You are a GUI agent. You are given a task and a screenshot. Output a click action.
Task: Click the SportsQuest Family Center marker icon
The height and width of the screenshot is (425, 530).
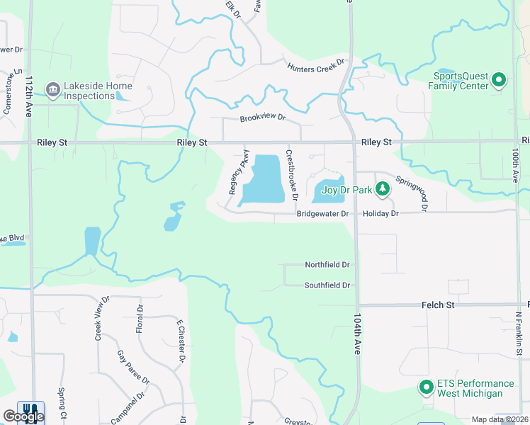pos(498,80)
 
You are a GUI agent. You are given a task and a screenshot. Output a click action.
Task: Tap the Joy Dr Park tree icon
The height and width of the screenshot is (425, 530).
pos(383,189)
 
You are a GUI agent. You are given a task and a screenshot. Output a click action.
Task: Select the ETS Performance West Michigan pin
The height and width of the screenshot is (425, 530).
pos(426,387)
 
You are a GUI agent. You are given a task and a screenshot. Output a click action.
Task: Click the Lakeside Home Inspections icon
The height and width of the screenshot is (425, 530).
pos(52,90)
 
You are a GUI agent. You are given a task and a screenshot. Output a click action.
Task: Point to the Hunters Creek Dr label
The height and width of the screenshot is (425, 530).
pos(315,65)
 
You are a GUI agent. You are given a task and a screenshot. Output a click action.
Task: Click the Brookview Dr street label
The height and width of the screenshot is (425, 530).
pos(262,118)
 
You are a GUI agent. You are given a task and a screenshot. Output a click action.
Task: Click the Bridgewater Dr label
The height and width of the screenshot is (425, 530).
pos(322,213)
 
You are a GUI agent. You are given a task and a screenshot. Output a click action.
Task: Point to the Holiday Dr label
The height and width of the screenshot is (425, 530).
pos(380,213)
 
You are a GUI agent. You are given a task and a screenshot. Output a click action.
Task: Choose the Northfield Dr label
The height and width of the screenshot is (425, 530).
pos(327,265)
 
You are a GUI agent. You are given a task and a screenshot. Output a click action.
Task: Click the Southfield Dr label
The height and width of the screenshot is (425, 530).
pos(327,285)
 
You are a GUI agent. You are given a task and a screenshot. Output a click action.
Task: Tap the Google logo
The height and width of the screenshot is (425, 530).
pos(23,416)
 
